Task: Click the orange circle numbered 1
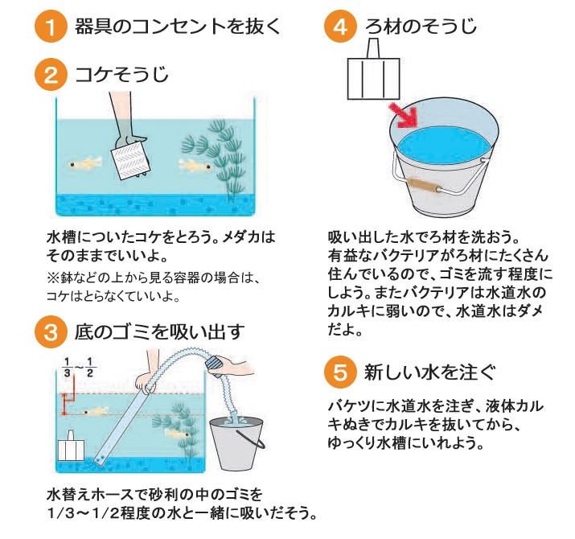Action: [51, 27]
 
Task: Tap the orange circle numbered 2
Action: [51, 75]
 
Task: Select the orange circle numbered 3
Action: [51, 332]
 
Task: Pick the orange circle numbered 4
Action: [340, 27]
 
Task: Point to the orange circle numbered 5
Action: [340, 372]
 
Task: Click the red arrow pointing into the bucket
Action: [404, 115]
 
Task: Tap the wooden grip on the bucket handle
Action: [425, 186]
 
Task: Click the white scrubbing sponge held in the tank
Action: [130, 160]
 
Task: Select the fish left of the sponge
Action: [85, 163]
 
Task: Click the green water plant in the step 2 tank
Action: [217, 158]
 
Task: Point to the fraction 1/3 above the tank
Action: [67, 368]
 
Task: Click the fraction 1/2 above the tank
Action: [90, 368]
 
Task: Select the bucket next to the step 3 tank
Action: [237, 443]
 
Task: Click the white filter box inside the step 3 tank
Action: [72, 446]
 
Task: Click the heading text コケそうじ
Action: [121, 75]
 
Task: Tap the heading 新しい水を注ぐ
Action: [429, 372]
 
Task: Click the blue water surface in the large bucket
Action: [444, 145]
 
